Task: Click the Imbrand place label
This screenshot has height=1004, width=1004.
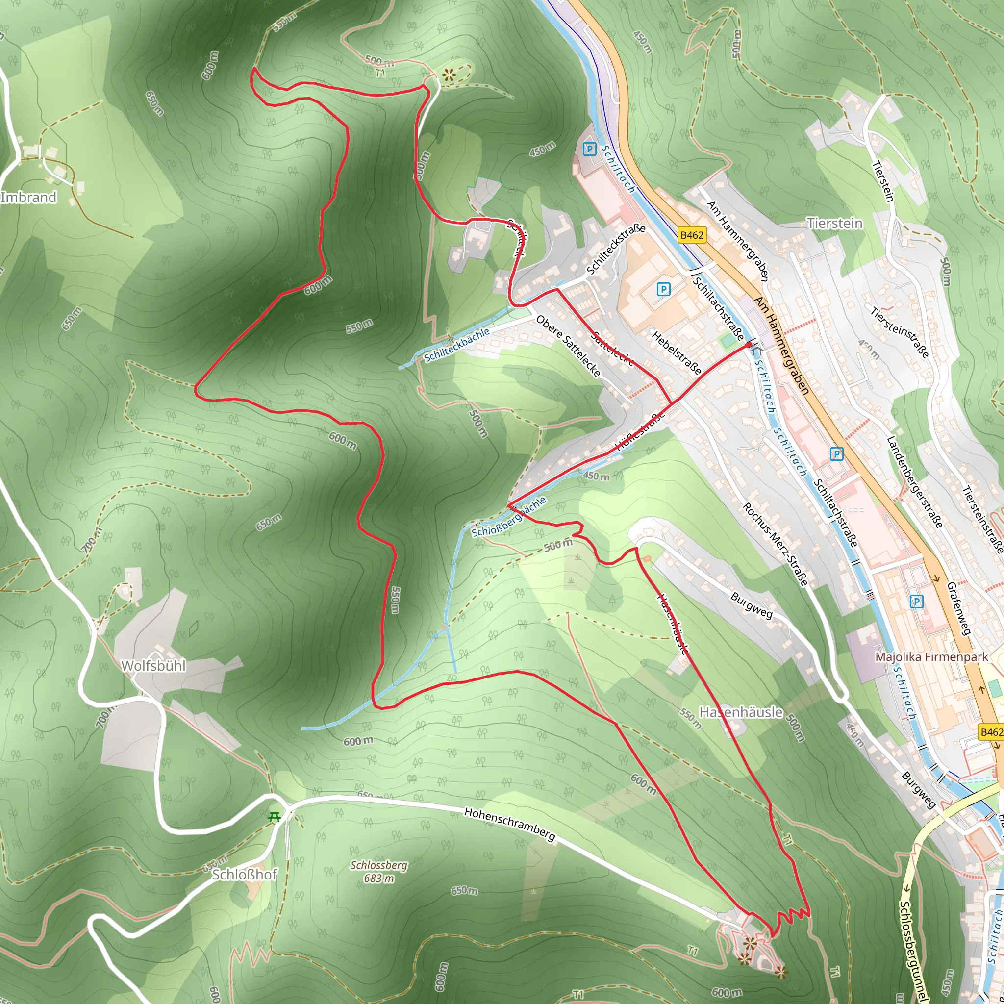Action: [x=28, y=198]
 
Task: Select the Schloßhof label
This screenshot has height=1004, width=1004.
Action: [x=244, y=874]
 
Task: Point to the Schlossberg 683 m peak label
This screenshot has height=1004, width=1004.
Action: [x=379, y=872]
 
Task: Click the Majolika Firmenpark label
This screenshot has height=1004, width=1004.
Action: [x=932, y=657]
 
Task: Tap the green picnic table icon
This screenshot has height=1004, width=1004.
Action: [x=275, y=817]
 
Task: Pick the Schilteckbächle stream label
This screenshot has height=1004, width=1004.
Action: [x=457, y=345]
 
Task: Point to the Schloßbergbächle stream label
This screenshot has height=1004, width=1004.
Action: [x=509, y=517]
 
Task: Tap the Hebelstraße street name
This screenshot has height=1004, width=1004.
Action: [x=676, y=353]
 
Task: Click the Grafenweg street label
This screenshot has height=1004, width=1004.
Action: [x=959, y=608]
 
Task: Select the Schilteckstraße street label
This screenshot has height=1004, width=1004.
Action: [x=616, y=250]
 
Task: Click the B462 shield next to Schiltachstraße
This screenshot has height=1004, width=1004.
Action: [x=692, y=235]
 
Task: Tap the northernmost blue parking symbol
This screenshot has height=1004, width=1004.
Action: [x=589, y=150]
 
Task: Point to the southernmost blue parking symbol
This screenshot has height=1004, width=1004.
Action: [x=917, y=602]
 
